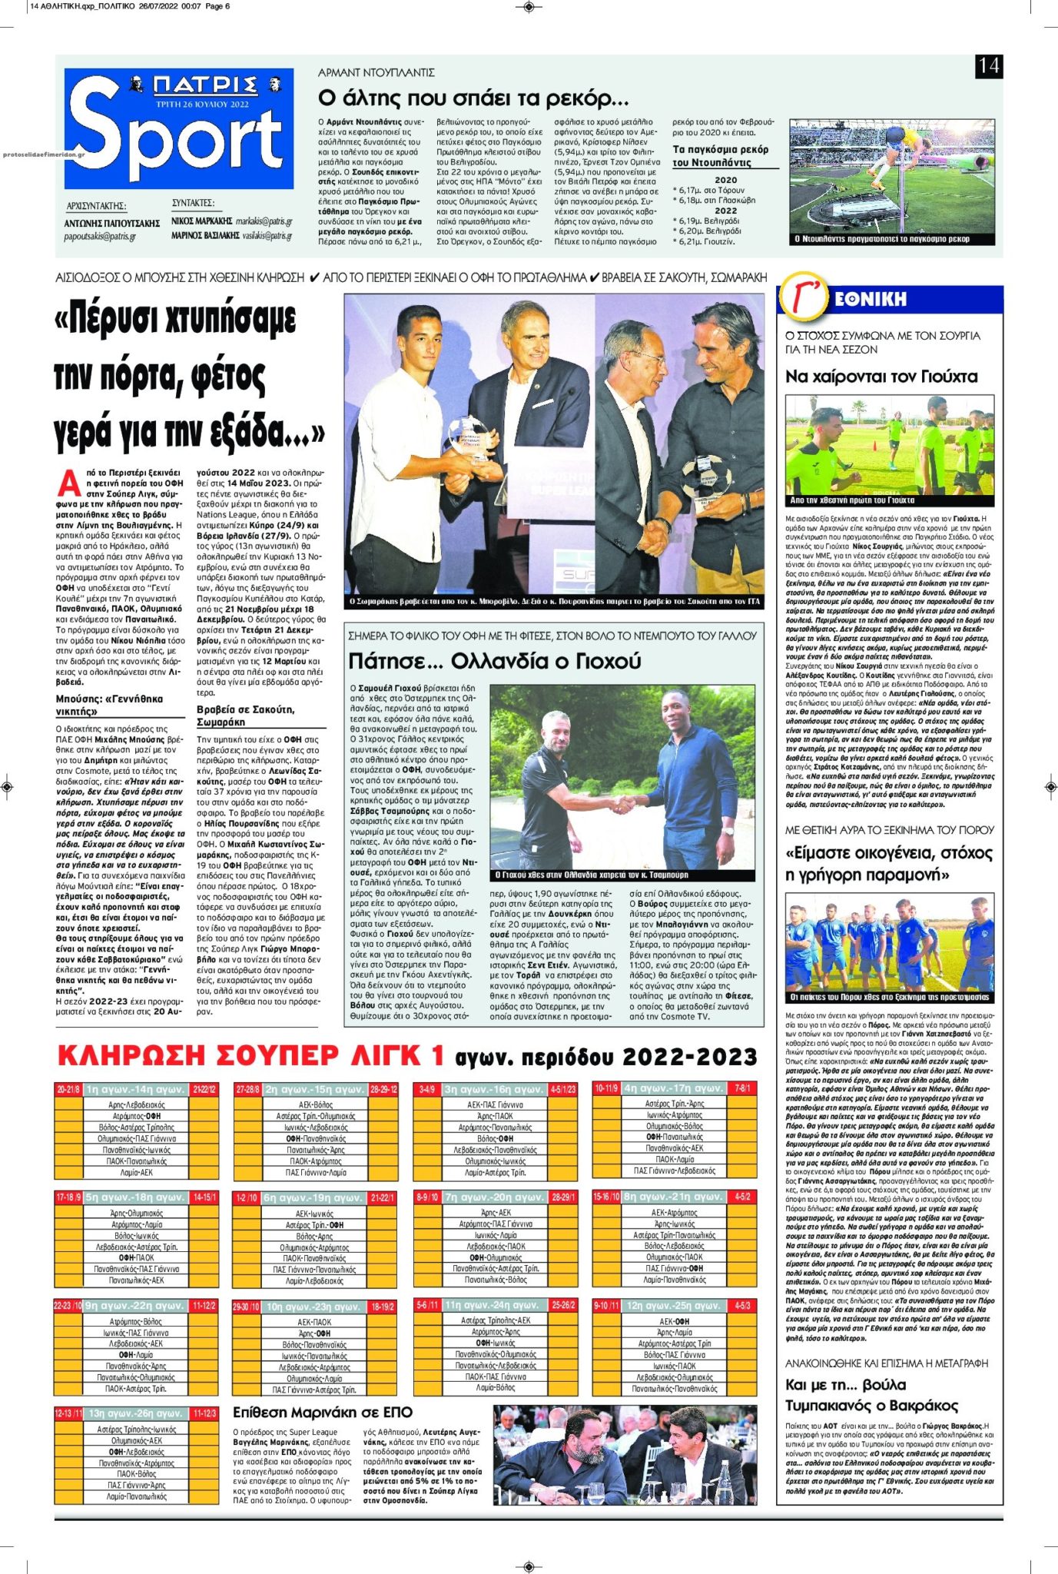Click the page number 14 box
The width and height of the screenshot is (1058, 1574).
click(988, 66)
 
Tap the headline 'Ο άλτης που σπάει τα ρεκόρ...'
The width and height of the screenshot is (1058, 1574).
click(473, 99)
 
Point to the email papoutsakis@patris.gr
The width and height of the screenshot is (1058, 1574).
click(100, 237)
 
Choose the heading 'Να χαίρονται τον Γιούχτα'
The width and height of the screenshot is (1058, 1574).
click(881, 377)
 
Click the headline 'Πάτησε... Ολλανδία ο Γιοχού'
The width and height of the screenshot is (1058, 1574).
click(494, 661)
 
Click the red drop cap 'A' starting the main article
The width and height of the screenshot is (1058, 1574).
click(69, 483)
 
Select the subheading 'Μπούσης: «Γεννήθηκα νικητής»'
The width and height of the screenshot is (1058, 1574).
click(109, 705)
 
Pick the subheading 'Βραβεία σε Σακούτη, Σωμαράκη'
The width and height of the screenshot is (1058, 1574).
click(245, 716)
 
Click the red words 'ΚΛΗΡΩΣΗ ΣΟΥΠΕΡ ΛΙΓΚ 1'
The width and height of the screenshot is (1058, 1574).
click(250, 1057)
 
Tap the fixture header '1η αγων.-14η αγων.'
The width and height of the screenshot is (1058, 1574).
click(135, 1090)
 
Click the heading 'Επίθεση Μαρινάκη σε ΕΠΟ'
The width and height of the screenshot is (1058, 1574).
click(323, 1413)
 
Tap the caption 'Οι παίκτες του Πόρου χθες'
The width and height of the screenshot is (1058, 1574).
click(890, 998)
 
